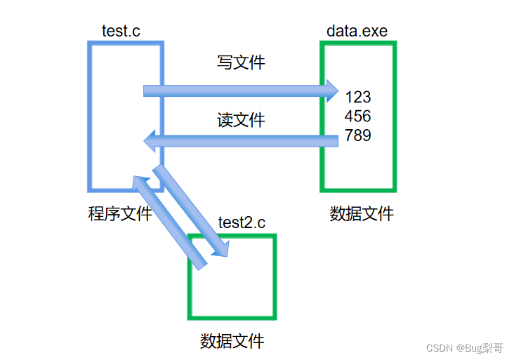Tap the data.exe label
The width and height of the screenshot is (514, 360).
tap(357, 32)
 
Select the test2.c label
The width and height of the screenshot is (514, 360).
tap(242, 223)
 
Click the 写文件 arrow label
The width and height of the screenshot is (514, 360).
tap(241, 62)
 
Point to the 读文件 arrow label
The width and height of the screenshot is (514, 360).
tap(241, 120)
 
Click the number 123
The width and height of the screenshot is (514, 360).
tap(358, 98)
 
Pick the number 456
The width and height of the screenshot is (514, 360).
tap(358, 116)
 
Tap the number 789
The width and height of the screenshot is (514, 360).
tap(358, 135)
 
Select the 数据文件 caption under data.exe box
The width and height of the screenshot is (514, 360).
tap(362, 214)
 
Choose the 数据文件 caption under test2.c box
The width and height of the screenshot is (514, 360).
tap(232, 342)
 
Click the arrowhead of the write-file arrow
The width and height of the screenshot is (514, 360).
tap(331, 91)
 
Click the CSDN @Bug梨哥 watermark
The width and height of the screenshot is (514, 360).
tap(464, 347)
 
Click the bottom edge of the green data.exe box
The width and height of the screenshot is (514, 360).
tap(358, 189)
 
